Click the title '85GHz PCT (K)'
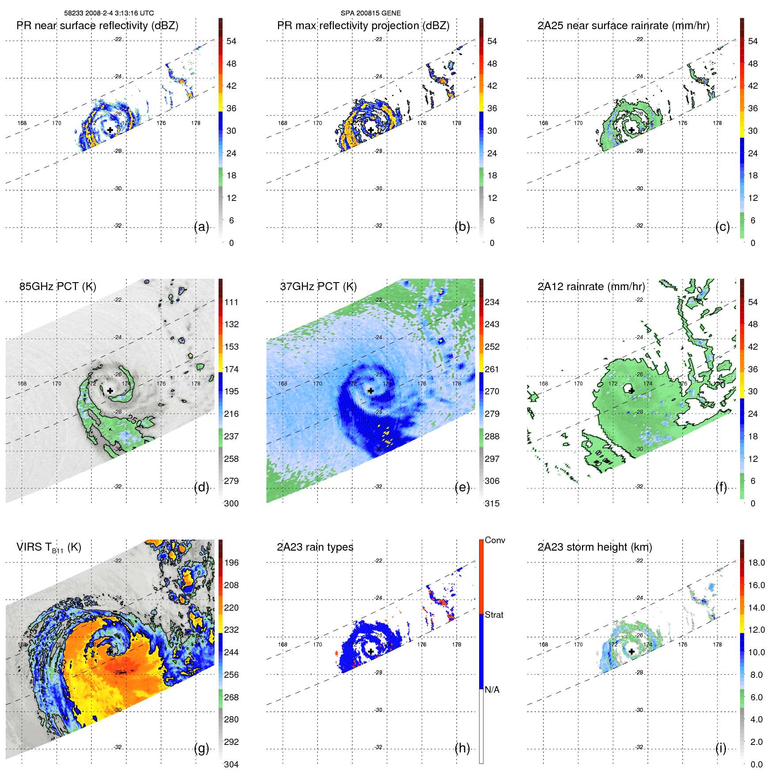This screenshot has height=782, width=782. [57, 287]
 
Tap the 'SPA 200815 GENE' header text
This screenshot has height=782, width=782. [370, 13]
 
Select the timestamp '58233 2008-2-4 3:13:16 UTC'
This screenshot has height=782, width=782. [109, 13]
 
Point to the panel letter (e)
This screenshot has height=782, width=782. [462, 487]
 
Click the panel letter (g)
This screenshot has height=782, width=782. [201, 748]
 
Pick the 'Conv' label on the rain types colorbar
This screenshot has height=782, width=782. [495, 540]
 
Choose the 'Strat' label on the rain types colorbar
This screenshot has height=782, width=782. [494, 615]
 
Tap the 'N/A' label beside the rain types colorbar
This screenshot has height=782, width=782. [492, 690]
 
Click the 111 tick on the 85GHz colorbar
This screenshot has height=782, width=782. [231, 302]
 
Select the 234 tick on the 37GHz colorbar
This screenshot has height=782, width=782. [492, 302]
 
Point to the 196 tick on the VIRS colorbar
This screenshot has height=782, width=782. [231, 563]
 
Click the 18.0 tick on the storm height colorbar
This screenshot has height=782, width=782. [756, 563]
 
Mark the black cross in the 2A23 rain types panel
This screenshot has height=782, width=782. [371, 652]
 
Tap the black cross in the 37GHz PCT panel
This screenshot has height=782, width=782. [371, 391]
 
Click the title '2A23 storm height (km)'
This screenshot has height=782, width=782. [595, 547]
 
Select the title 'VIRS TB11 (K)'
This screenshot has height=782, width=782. [49, 548]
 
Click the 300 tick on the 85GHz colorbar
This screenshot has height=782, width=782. [231, 503]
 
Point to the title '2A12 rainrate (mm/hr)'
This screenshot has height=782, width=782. [591, 287]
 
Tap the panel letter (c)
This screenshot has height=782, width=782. [722, 227]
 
